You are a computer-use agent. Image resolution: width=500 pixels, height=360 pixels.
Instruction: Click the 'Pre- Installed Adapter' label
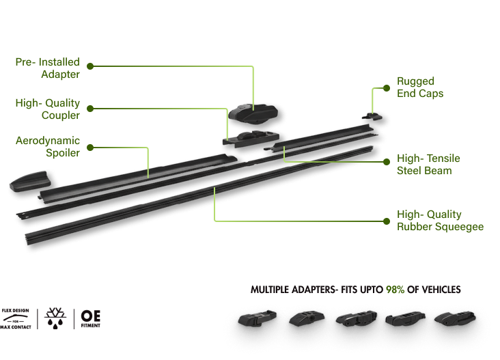pyautogui.click(x=47, y=67)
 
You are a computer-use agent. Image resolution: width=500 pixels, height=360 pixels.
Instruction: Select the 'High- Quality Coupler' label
pyautogui.click(x=47, y=109)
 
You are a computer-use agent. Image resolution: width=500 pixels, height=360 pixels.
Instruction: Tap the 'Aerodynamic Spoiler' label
pyautogui.click(x=47, y=146)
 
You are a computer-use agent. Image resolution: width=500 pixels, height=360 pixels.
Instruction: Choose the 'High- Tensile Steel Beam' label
pyautogui.click(x=428, y=164)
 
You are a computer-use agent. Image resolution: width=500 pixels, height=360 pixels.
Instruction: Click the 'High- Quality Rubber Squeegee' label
pyautogui.click(x=440, y=220)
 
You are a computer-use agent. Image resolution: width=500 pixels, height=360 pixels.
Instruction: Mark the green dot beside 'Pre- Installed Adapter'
pyautogui.click(x=89, y=66)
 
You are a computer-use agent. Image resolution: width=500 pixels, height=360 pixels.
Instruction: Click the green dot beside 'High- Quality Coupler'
pyautogui.click(x=89, y=107)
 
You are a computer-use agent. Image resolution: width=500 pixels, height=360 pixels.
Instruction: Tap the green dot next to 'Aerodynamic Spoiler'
pyautogui.click(x=89, y=146)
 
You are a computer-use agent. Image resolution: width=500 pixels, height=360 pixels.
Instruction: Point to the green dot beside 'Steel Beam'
pyautogui.click(x=387, y=163)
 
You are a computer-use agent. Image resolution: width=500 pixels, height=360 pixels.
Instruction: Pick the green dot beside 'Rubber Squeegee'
pyautogui.click(x=387, y=221)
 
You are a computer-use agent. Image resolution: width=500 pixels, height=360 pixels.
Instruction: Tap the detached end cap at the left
pyautogui.click(x=30, y=181)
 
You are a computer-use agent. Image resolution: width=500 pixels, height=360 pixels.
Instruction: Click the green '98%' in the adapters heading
pyautogui.click(x=395, y=290)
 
